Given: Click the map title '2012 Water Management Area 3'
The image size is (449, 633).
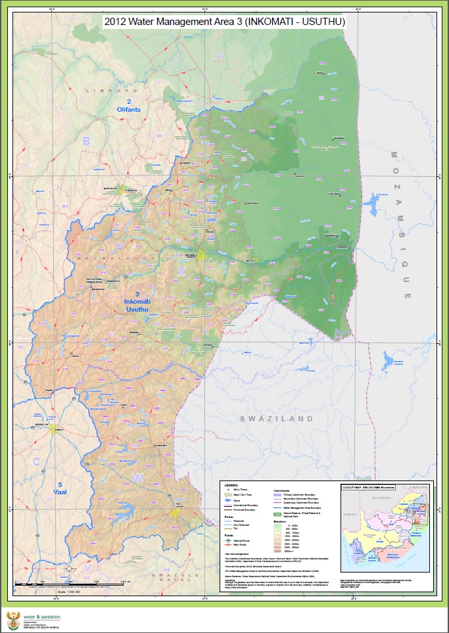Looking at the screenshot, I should click(224, 22).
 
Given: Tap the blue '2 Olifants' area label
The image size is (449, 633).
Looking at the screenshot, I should click(129, 105).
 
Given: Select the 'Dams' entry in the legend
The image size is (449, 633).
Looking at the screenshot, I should click(239, 500).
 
